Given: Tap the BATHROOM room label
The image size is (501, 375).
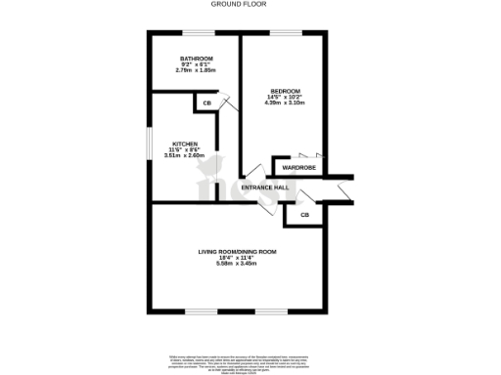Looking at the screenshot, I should pyautogui.click(x=196, y=59).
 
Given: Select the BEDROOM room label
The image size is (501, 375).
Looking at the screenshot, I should pyautogui.click(x=286, y=91).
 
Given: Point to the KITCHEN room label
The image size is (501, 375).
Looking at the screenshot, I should pyautogui.click(x=186, y=142).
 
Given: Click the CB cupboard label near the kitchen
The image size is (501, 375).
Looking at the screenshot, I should pyautogui.click(x=206, y=104).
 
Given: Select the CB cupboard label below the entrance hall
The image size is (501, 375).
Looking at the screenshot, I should pyautogui.click(x=305, y=215).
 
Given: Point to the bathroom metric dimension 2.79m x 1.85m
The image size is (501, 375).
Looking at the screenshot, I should pyautogui.click(x=196, y=70).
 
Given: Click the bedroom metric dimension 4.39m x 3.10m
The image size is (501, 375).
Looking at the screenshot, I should pyautogui.click(x=286, y=104).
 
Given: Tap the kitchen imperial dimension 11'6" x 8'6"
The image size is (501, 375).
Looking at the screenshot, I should pyautogui.click(x=186, y=147).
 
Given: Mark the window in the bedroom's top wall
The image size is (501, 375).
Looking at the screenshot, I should pyautogui.click(x=285, y=33).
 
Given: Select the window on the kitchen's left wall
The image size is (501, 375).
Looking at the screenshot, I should pyautogui.click(x=150, y=142).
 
